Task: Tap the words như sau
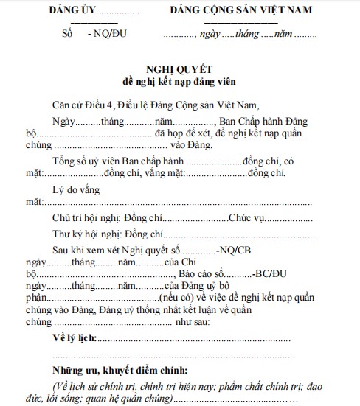click(x=193, y=322)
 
